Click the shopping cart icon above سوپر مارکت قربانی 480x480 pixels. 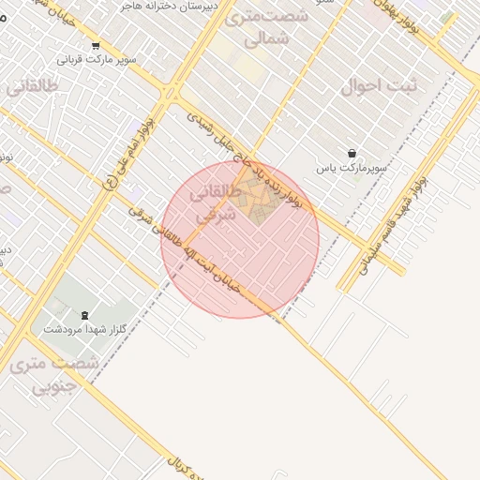pos(95,46)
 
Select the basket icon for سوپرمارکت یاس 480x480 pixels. pos(352,153)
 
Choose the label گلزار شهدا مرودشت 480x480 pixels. pos(86,330)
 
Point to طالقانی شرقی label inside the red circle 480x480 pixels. pos(212,205)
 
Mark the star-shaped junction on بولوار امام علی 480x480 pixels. pos(170,93)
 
